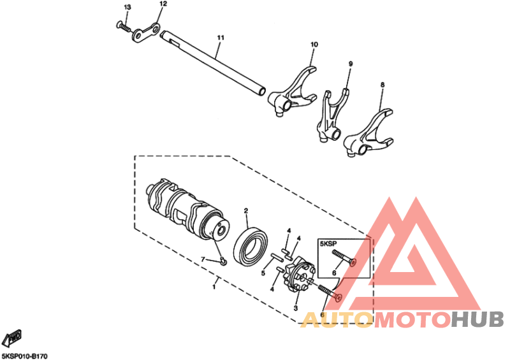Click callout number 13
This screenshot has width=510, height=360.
click(127, 7)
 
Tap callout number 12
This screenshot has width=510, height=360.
click(163, 4)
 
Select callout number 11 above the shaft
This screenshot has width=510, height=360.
click(221, 38)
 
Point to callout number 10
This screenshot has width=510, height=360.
click(314, 44)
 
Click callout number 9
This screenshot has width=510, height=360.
click(350, 64)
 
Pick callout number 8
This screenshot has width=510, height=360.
click(382, 85)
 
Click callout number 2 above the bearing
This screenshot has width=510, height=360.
click(246, 211)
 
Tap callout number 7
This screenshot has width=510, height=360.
click(203, 259)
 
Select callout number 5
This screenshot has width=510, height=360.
click(263, 273)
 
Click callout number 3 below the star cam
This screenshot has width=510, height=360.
click(295, 308)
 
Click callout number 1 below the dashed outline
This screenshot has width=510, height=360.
click(214, 287)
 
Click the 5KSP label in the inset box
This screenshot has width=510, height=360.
click(328, 243)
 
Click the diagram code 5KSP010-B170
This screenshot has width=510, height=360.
click(24, 356)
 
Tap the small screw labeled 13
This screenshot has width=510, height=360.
click(123, 26)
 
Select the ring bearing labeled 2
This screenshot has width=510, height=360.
click(251, 245)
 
